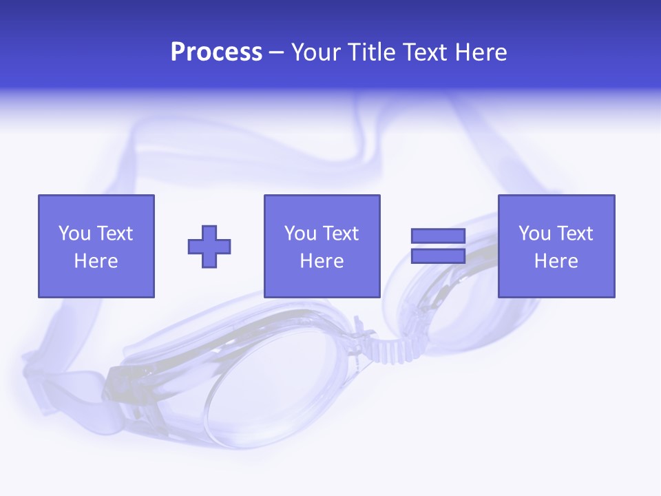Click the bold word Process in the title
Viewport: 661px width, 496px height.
pos(216,52)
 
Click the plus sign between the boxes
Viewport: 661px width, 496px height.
pos(209,247)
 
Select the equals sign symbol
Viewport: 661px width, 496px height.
pos(438,246)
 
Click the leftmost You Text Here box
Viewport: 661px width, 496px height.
pos(96,246)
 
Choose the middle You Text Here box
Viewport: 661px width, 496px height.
pos(322,246)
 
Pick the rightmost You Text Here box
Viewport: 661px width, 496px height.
pos(556,246)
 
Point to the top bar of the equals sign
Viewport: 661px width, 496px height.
pos(438,236)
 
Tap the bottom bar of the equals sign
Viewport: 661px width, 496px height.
pos(438,256)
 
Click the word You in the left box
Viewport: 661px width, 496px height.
pos(74,234)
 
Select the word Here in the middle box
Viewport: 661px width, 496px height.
pos(322,261)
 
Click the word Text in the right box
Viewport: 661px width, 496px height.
pos(575,234)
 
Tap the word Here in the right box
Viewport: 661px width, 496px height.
pos(556,261)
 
